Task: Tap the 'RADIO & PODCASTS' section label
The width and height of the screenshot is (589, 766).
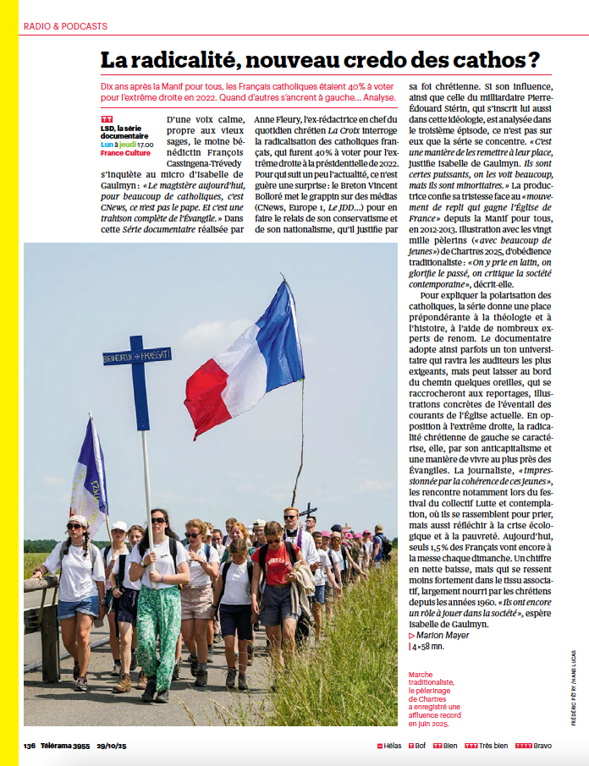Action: point(65,26)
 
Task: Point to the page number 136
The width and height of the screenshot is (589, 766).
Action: point(30,746)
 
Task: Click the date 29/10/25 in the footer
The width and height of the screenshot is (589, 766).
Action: point(111,746)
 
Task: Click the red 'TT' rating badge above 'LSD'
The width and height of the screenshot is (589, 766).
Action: point(106,119)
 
